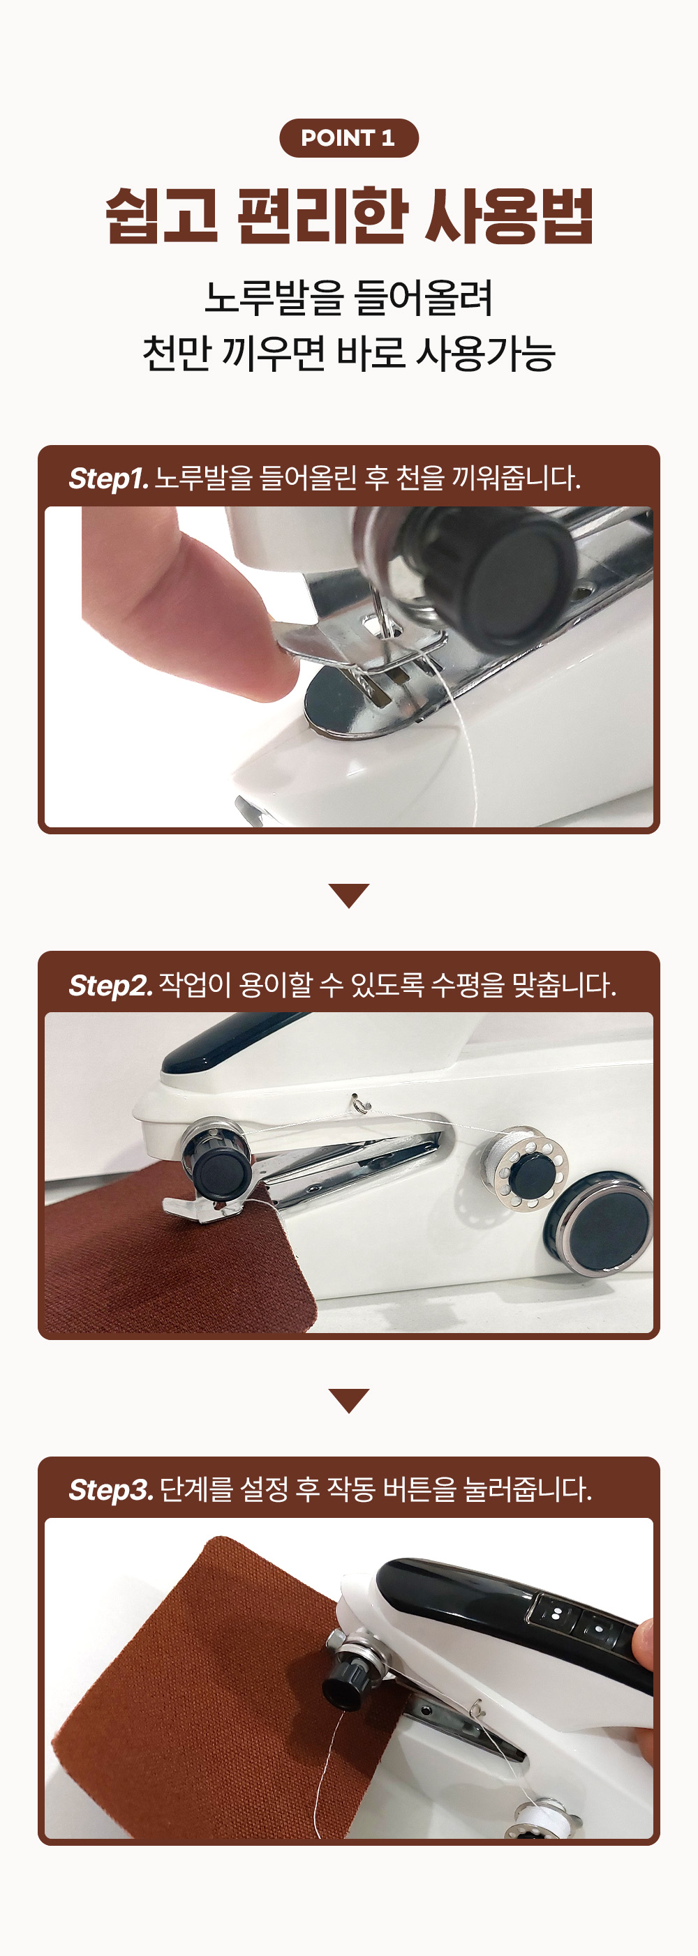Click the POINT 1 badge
[x=348, y=138]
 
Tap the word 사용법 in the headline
[x=508, y=216]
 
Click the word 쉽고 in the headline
[x=162, y=216]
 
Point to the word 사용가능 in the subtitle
[x=485, y=354]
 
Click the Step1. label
[x=108, y=479]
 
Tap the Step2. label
[x=111, y=985]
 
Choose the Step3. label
[x=111, y=1490]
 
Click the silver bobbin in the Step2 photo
[x=529, y=1170]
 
